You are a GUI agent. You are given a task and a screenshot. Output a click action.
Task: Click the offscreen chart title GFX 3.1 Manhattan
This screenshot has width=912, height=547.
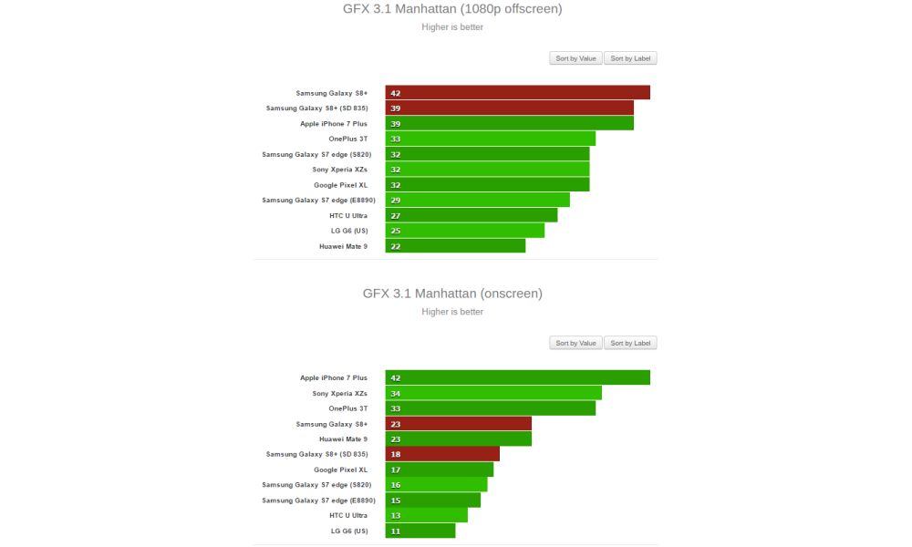click(x=452, y=9)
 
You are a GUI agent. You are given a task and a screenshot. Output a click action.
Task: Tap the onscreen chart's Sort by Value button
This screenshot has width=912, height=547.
click(x=575, y=343)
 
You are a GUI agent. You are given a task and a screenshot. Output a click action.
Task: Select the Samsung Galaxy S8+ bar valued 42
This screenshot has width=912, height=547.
click(x=517, y=93)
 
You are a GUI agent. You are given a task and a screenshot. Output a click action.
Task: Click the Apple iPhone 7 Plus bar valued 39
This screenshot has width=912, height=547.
click(x=509, y=123)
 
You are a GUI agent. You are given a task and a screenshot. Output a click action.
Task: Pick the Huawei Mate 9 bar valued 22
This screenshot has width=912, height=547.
click(x=455, y=245)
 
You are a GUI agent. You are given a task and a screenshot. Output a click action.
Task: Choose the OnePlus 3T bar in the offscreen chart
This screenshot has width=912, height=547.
click(x=490, y=139)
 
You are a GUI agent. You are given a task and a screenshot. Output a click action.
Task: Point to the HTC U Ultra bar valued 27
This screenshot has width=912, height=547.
click(x=471, y=215)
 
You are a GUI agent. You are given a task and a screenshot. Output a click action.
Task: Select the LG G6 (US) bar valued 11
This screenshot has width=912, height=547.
click(x=420, y=530)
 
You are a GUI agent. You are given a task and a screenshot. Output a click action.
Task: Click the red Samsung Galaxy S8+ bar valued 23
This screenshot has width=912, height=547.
click(x=458, y=423)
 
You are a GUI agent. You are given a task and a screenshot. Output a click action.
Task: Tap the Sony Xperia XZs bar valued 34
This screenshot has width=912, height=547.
click(x=493, y=393)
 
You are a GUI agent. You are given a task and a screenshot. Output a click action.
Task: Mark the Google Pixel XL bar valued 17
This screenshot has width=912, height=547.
click(x=439, y=470)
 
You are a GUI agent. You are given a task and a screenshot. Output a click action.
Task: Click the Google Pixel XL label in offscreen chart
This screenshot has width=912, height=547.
click(x=340, y=185)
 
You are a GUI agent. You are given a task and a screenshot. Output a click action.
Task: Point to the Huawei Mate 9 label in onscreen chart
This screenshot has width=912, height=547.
click(x=343, y=439)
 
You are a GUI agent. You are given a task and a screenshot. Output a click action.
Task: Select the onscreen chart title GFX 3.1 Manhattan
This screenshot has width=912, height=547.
click(x=452, y=294)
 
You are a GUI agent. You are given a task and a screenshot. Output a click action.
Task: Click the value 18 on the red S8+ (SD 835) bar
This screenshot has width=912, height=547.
click(x=396, y=454)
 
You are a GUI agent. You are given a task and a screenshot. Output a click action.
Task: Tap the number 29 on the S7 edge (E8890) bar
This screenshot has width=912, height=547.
click(x=396, y=200)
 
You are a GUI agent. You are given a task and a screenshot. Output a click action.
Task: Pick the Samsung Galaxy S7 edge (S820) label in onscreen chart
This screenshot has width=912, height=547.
click(x=316, y=484)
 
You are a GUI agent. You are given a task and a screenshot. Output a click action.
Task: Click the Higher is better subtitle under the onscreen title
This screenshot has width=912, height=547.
click(x=452, y=312)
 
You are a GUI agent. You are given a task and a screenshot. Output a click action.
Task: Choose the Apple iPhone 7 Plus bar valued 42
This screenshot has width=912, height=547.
click(x=517, y=377)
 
